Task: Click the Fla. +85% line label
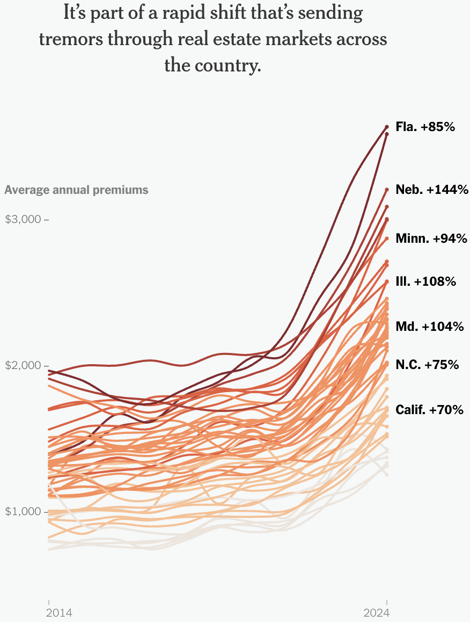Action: [x=425, y=127]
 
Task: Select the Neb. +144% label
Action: [x=432, y=190]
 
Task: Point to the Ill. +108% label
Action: [x=425, y=281]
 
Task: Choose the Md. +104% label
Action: [x=429, y=327]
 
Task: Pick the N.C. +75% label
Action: [x=427, y=365]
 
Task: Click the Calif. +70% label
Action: [x=429, y=410]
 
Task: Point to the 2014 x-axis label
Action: [x=59, y=613]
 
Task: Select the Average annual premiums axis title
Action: [x=76, y=190]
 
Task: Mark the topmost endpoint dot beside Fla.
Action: [x=387, y=127]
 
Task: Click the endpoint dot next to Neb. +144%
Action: [x=387, y=189]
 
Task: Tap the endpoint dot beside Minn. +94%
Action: [x=387, y=238]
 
